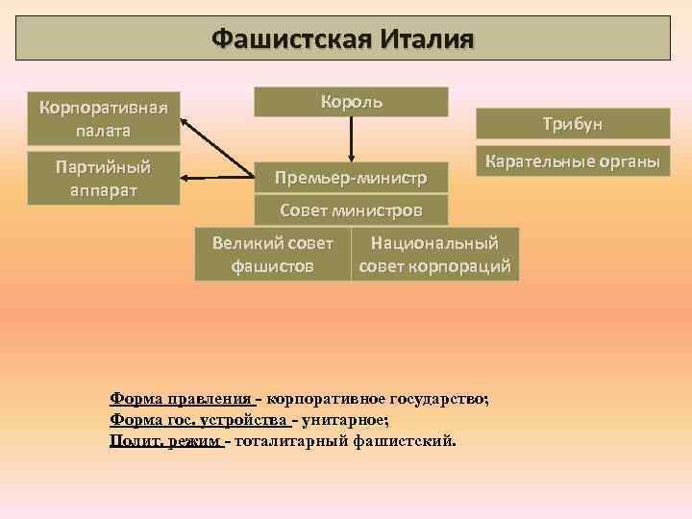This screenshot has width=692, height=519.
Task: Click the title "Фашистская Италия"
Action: (343, 39)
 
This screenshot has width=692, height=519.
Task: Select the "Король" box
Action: (351, 102)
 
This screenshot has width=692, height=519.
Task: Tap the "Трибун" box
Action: (573, 123)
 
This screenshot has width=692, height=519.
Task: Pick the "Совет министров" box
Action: (350, 209)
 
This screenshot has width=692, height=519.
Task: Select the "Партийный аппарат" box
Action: (104, 178)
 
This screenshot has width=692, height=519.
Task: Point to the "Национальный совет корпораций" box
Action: (434, 254)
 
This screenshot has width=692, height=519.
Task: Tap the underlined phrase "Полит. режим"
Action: (164, 440)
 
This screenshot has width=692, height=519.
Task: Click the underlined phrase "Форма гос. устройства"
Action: (199, 420)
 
